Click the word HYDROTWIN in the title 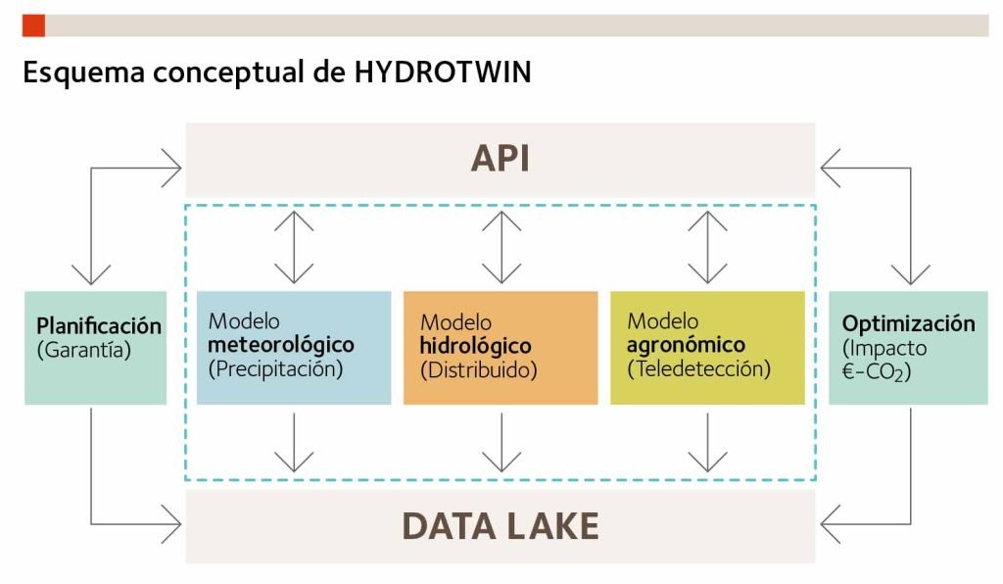(x=443, y=73)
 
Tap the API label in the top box (x=500, y=159)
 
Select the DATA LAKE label (x=500, y=526)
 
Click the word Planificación (x=98, y=325)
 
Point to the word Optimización (x=908, y=323)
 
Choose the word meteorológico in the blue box (x=280, y=345)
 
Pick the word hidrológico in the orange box (x=475, y=346)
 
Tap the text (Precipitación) (x=275, y=369)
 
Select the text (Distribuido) (x=478, y=370)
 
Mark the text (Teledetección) (x=698, y=369)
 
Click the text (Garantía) (x=83, y=349)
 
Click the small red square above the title (x=33, y=25)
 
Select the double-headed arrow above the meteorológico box (x=294, y=247)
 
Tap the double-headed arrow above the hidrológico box (x=501, y=247)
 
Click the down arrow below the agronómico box (x=707, y=443)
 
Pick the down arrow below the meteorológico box (x=294, y=443)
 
